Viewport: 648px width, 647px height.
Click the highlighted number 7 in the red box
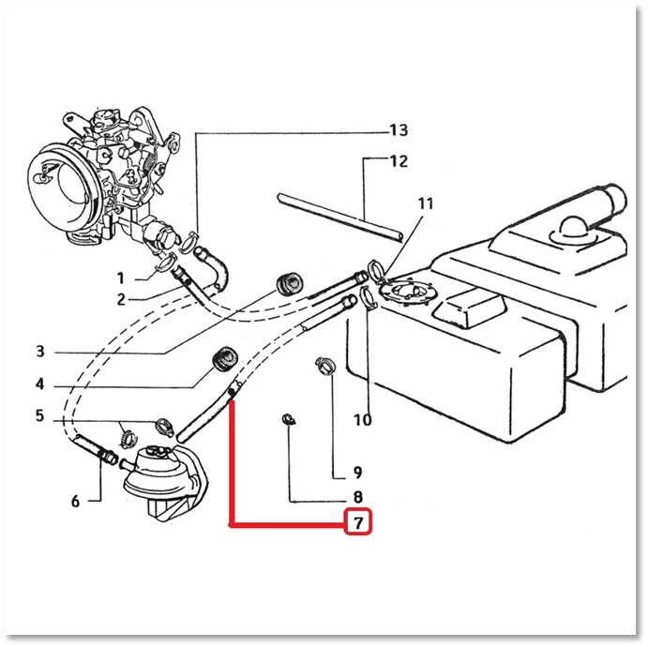[358, 522]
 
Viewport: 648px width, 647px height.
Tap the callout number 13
[399, 130]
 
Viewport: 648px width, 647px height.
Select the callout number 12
[399, 161]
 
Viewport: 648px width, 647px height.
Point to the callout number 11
[426, 203]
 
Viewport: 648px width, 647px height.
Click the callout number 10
[363, 420]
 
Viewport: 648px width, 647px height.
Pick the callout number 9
[358, 473]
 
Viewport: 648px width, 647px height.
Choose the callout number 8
[358, 497]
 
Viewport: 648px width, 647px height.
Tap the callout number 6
[75, 501]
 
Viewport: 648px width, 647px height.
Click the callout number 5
[39, 415]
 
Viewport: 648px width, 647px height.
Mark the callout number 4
[39, 384]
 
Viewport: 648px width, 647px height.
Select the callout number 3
[39, 352]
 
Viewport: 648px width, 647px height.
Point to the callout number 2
[121, 299]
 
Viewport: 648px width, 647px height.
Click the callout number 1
[121, 278]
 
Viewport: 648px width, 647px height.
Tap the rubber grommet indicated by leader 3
[289, 284]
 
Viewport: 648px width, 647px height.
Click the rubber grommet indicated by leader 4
[225, 359]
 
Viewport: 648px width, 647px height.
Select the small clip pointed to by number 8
[289, 420]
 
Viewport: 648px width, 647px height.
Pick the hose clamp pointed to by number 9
[325, 366]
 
